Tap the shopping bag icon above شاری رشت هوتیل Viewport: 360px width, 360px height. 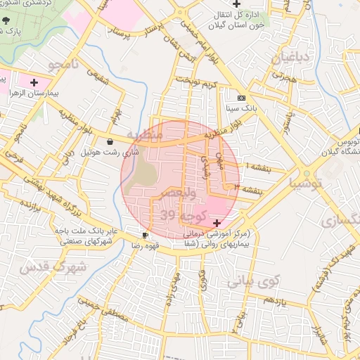110,141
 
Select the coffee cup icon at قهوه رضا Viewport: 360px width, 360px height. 145,236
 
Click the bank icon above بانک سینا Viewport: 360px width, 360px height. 242,98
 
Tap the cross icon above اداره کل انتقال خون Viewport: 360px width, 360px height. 246,5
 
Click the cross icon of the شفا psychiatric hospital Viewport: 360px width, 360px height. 216,222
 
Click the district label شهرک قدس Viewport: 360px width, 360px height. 53,267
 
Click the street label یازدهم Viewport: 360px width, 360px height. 258,300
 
